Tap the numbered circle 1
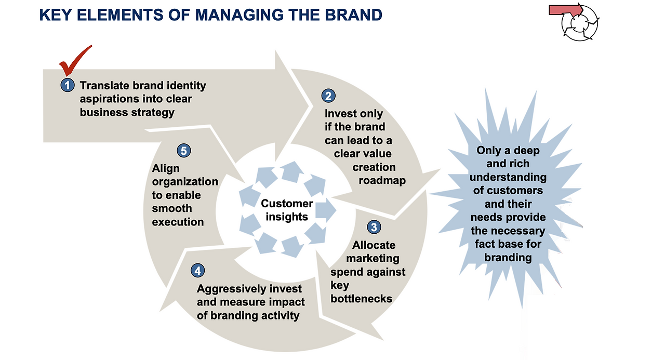[68, 86]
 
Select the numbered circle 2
[328, 96]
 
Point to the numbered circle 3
[374, 227]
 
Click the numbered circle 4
[198, 271]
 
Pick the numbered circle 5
[184, 151]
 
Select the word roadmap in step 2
[382, 181]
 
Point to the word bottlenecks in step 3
[361, 299]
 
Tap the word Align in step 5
[166, 169]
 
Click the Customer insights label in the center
[287, 210]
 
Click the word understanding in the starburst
[508, 177]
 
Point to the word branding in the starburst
[508, 258]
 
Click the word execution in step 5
[178, 222]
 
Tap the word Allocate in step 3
[374, 245]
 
